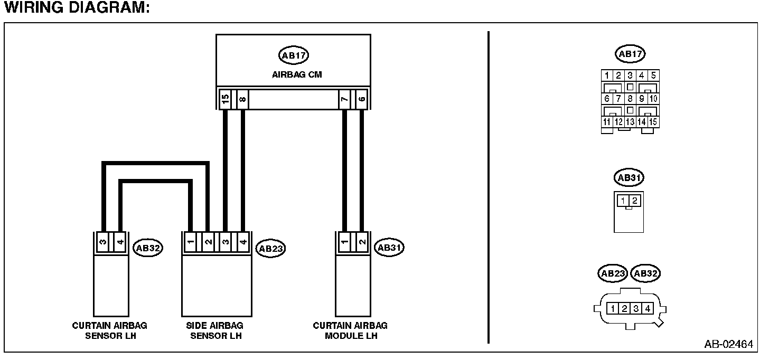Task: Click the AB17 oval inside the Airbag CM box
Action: [x=293, y=55]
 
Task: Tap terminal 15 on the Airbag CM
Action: [x=226, y=99]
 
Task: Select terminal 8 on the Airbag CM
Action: [x=242, y=99]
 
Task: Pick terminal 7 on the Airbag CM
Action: [x=344, y=99]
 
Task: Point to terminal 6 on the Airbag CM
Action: [x=361, y=99]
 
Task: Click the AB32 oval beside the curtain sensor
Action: [x=147, y=247]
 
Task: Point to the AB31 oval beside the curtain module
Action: [x=389, y=247]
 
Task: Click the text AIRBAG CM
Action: [x=297, y=74]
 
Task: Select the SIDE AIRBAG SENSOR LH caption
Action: [x=215, y=330]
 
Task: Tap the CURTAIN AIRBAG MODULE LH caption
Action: [x=350, y=330]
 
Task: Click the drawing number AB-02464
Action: [x=728, y=345]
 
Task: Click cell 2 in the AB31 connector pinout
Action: [x=635, y=201]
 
